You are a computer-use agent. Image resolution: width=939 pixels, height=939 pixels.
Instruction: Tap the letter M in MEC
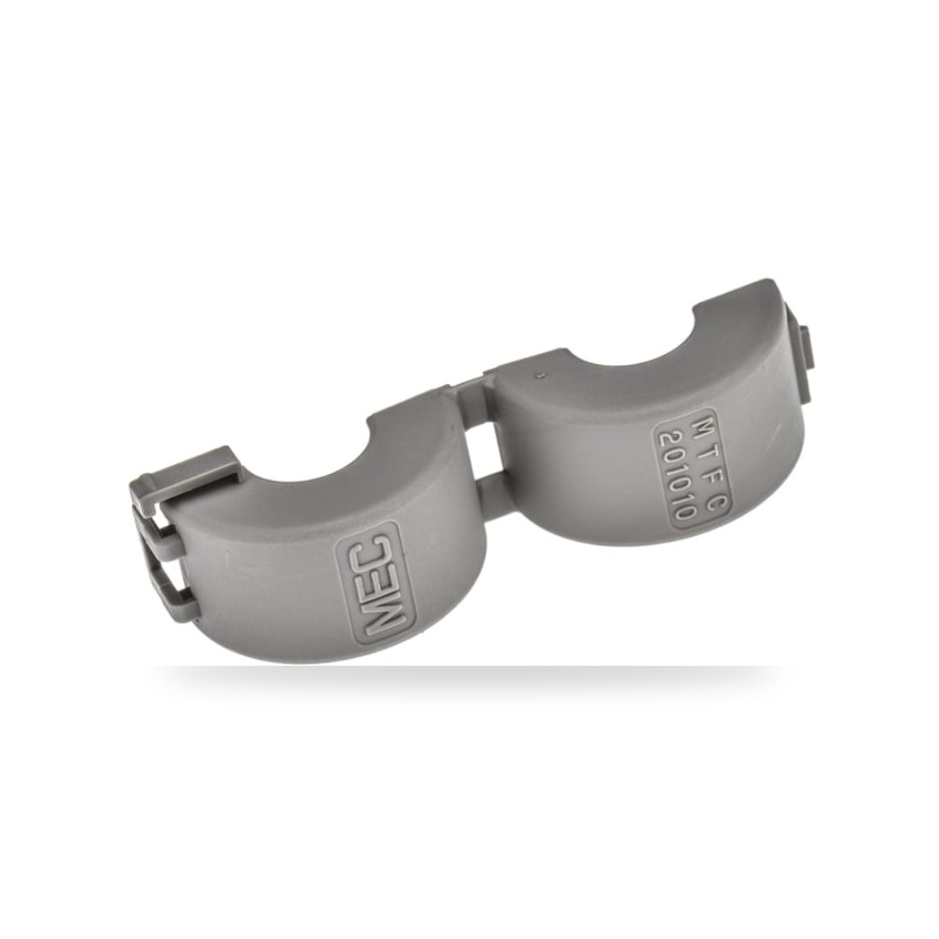384,620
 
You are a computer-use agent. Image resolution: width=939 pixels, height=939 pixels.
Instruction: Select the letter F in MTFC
711,479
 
